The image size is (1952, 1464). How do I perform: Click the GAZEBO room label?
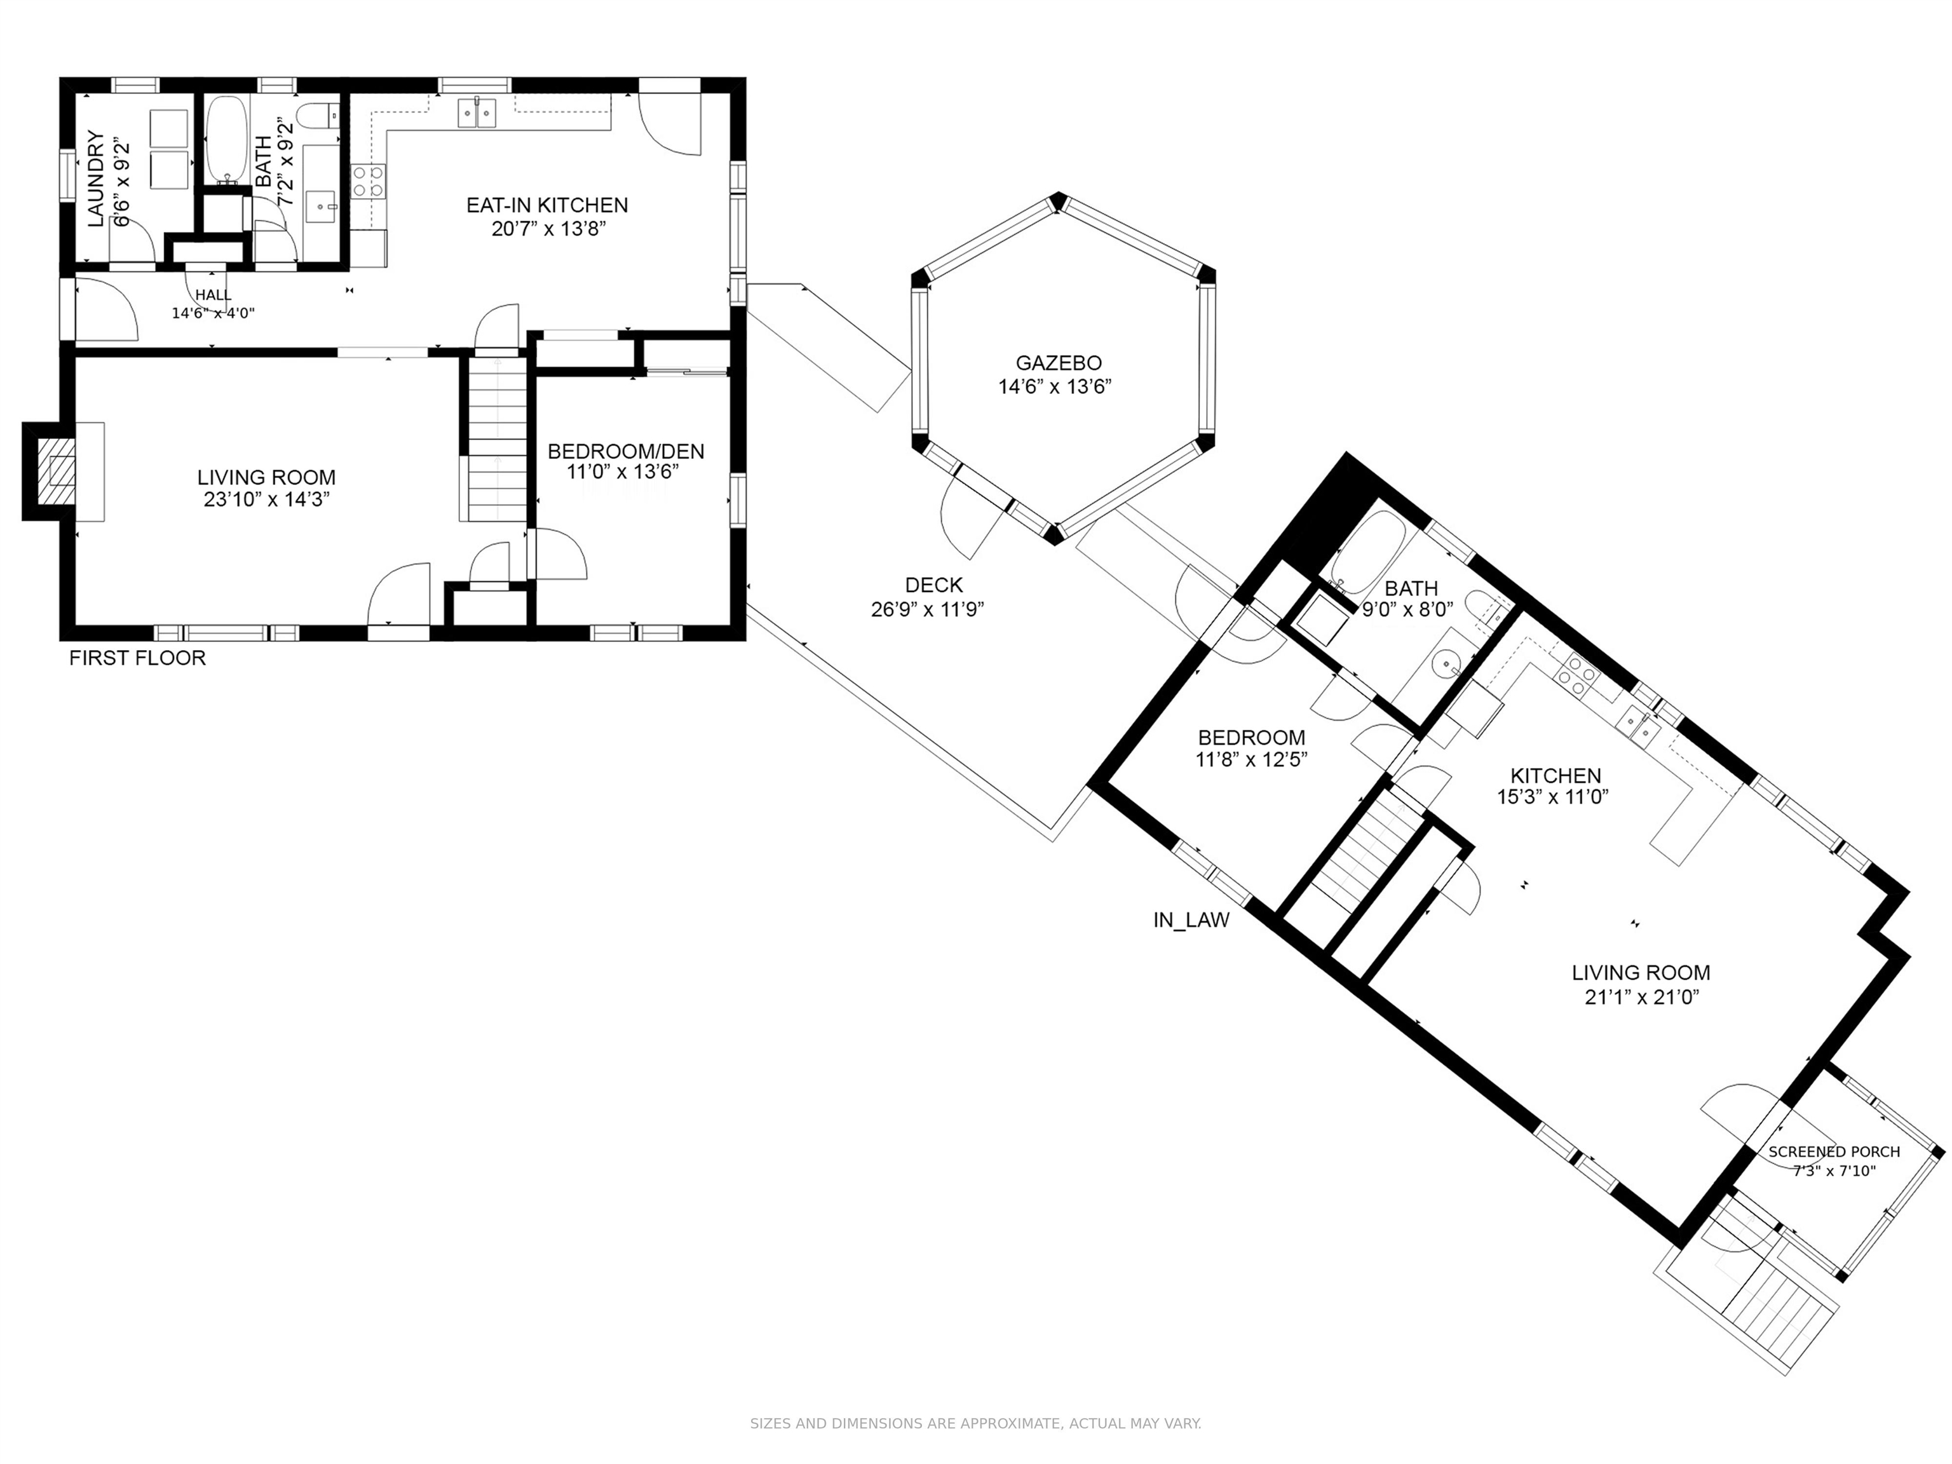click(1058, 363)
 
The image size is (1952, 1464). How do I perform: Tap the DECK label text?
click(933, 585)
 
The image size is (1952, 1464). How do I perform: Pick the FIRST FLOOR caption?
click(138, 658)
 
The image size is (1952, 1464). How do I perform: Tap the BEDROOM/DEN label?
click(626, 452)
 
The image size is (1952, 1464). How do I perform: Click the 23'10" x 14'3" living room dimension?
click(266, 500)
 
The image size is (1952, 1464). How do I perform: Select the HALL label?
click(213, 295)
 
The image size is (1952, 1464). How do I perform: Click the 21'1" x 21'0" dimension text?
click(1641, 997)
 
